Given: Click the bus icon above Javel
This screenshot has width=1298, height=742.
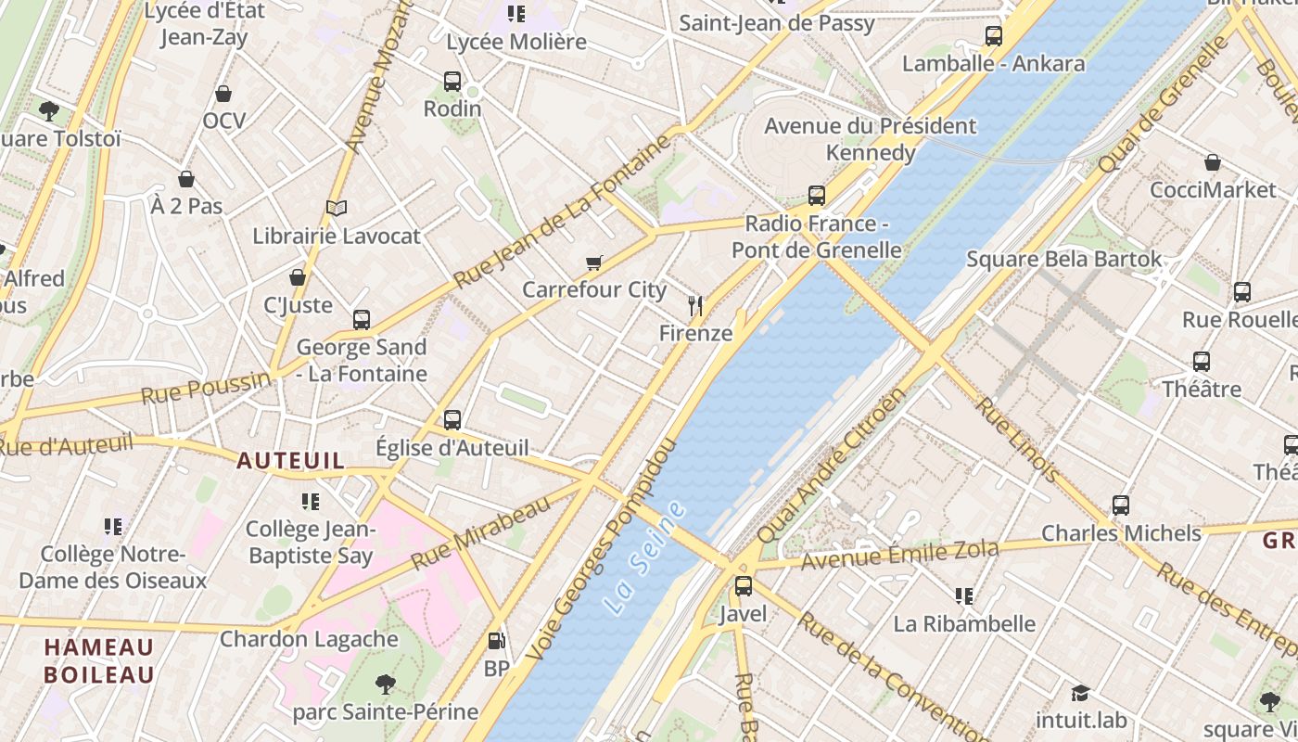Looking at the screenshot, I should pyautogui.click(x=744, y=586).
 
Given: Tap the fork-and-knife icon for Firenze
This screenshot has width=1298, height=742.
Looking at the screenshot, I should pyautogui.click(x=695, y=305).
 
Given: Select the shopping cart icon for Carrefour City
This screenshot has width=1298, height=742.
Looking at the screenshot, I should pyautogui.click(x=594, y=263).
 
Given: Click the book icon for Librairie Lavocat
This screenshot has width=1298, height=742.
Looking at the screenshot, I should pyautogui.click(x=337, y=209).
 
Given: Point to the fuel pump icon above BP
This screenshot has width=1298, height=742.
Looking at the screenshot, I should pyautogui.click(x=497, y=641).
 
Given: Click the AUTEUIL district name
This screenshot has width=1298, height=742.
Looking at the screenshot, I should pyautogui.click(x=290, y=460).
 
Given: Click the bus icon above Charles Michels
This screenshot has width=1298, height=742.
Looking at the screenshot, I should pyautogui.click(x=1121, y=505).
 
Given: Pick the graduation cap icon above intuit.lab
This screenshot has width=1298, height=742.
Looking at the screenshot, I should pyautogui.click(x=1080, y=693).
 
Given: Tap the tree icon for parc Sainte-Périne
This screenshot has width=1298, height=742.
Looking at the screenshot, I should pyautogui.click(x=386, y=684).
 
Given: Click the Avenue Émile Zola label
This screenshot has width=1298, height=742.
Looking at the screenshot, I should pyautogui.click(x=899, y=556).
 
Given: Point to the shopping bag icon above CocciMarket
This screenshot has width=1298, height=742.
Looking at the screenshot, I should pyautogui.click(x=1213, y=163).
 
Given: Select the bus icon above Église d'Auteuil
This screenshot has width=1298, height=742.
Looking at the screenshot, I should pyautogui.click(x=452, y=420).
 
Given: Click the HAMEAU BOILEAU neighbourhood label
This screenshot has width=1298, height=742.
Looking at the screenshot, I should pyautogui.click(x=99, y=660).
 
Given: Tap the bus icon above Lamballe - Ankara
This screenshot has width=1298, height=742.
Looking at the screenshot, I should pyautogui.click(x=994, y=36).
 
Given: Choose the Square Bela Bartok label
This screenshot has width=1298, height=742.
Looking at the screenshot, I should pyautogui.click(x=1063, y=259).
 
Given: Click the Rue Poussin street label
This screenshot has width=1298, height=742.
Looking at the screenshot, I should pyautogui.click(x=206, y=388).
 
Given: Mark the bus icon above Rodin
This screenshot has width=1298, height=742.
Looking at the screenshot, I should pyautogui.click(x=452, y=82).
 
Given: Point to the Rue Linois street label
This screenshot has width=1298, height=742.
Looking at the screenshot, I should pyautogui.click(x=1018, y=441).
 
